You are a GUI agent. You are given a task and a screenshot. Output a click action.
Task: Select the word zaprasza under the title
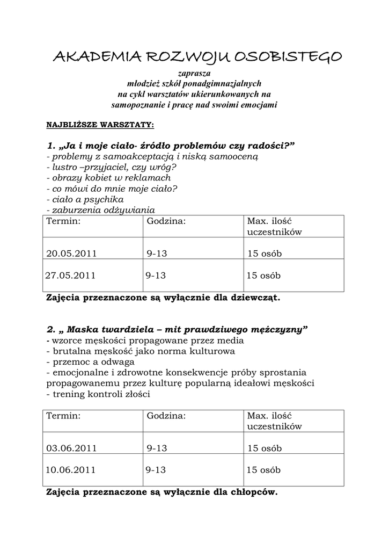(194, 73)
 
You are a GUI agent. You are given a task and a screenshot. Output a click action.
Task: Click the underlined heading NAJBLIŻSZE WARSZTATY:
(100, 125)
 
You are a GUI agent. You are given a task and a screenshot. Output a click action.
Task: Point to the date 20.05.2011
(71, 254)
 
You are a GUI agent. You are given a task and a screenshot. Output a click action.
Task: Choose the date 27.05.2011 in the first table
(70, 276)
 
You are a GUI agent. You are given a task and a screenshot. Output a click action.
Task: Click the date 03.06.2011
(71, 448)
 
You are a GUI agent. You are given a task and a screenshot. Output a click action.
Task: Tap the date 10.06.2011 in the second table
(70, 469)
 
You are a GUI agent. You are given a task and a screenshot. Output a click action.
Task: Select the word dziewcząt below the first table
(254, 297)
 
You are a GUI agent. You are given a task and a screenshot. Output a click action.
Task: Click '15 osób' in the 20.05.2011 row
(265, 254)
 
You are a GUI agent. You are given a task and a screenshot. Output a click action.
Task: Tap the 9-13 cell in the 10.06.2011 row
(156, 469)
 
